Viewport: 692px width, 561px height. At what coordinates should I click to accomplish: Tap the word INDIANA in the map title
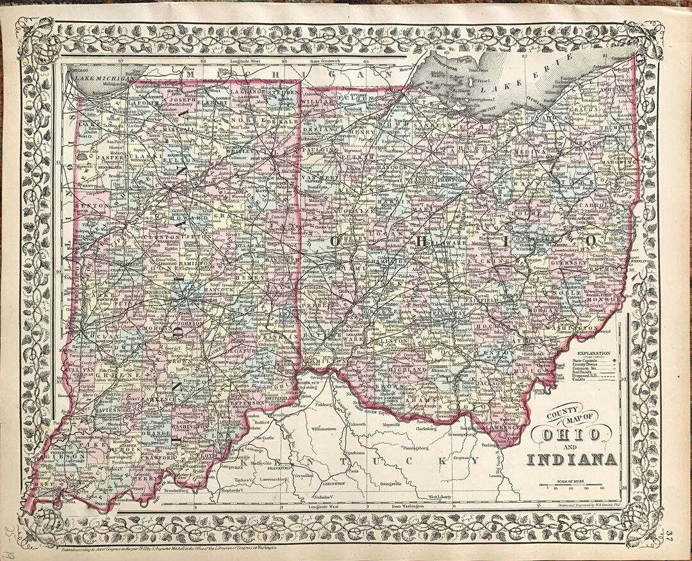tap(572, 459)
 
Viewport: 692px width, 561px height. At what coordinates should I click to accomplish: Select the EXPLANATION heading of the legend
tap(593, 353)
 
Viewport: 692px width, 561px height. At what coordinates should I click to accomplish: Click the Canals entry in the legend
tap(579, 384)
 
